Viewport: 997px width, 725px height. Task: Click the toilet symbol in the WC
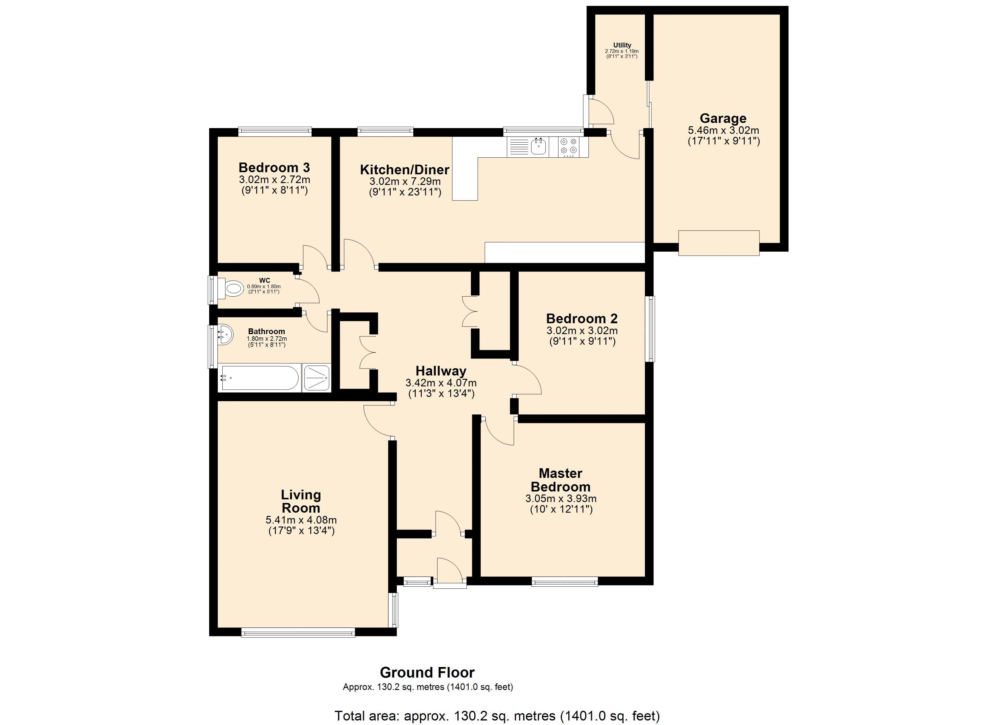(232, 289)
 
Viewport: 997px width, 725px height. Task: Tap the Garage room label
(723, 118)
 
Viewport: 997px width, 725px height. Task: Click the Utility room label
(622, 45)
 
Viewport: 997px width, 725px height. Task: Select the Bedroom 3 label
(274, 168)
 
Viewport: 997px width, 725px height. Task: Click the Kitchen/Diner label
(405, 170)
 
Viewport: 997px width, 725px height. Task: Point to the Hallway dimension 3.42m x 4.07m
(440, 383)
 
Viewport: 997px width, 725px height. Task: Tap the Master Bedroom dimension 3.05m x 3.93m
(560, 498)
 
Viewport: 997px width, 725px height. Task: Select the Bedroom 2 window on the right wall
(650, 329)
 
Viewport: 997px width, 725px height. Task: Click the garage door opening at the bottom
(719, 243)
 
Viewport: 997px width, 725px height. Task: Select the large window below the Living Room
(298, 633)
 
